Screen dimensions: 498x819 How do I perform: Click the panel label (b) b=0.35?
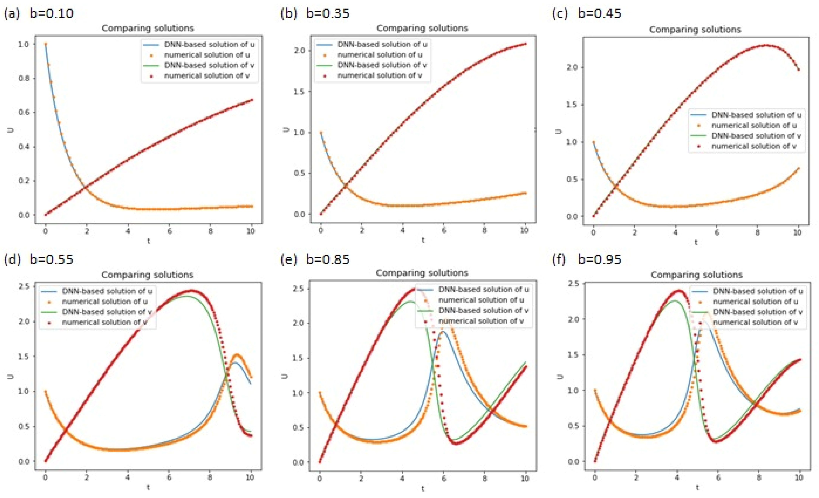[x=315, y=13]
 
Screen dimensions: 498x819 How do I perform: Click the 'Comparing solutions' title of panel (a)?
[x=147, y=28]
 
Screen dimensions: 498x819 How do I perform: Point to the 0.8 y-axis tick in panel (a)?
[x=24, y=78]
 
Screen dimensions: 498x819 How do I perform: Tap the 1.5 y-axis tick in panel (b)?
[x=299, y=92]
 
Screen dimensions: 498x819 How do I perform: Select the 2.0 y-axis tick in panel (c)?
[x=572, y=67]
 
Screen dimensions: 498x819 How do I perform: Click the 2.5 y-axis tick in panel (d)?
[x=24, y=286]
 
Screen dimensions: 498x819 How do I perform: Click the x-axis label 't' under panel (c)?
[x=696, y=243]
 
